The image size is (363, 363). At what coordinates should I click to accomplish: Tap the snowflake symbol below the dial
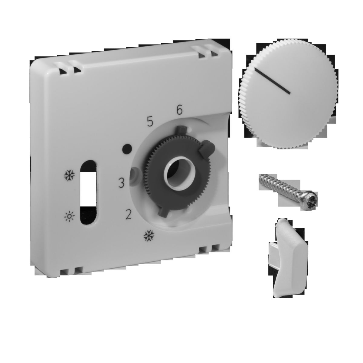149,236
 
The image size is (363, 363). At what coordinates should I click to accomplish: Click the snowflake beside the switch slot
70,175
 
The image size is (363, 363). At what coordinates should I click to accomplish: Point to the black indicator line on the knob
273,81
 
